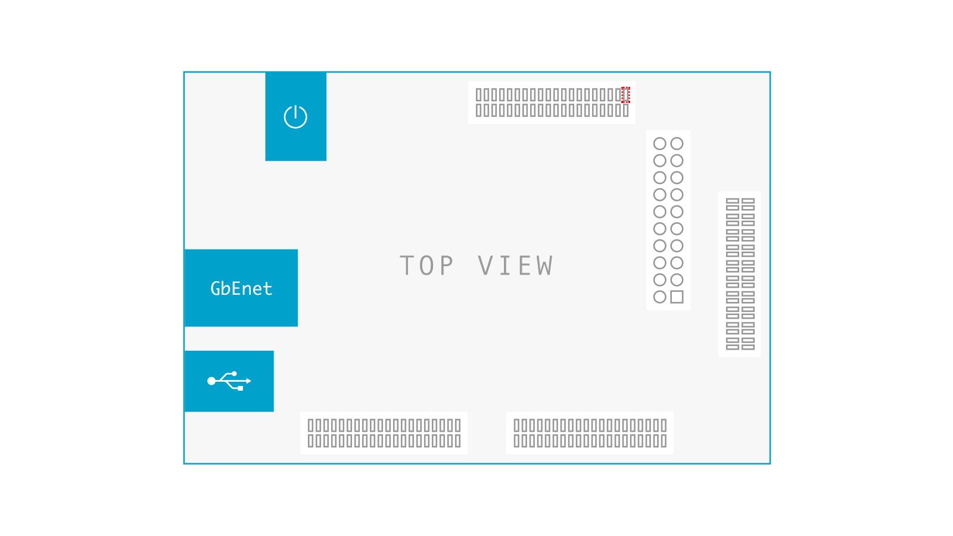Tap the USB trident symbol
coord(229,381)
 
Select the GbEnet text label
coord(241,288)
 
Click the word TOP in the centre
coord(426,266)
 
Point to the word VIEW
coord(515,266)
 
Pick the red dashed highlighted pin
coord(625,95)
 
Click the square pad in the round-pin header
coord(677,297)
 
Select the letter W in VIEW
coord(544,266)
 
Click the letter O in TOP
coord(426,266)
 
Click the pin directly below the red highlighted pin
coord(625,110)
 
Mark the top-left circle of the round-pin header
coord(660,144)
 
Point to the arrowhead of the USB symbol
coord(249,381)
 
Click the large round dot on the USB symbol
coord(211,381)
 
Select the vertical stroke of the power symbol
coord(295,112)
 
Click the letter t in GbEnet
coord(267,289)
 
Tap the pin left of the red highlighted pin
coord(618,95)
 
